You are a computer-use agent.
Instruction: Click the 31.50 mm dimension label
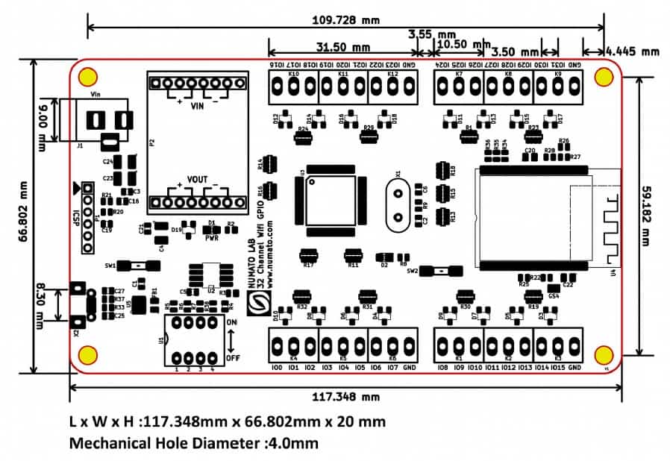point(342,46)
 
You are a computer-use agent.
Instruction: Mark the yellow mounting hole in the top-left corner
point(88,76)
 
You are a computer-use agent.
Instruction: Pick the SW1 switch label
point(110,265)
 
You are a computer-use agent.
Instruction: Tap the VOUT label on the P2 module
point(197,180)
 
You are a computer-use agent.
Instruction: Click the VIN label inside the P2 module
point(197,107)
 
